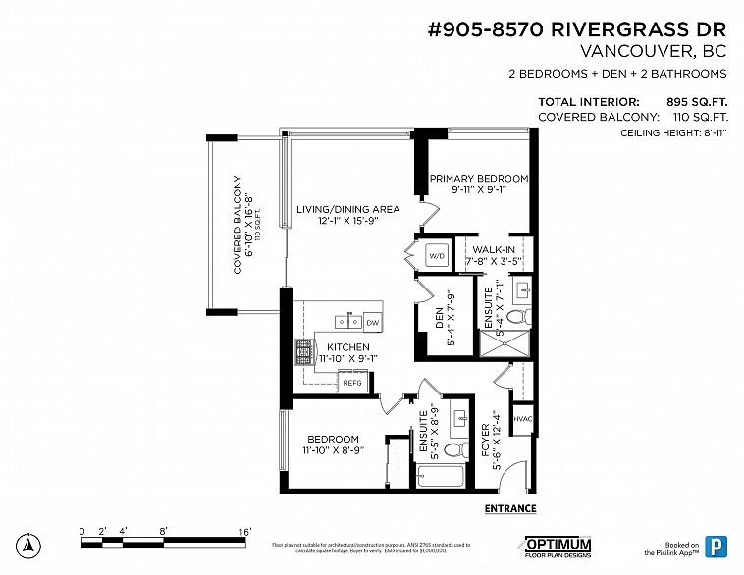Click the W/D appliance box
(x=437, y=256)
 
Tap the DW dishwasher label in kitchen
(x=372, y=322)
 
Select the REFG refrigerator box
(x=352, y=383)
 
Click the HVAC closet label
(x=523, y=419)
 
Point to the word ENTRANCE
(x=510, y=508)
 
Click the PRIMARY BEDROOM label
(x=479, y=179)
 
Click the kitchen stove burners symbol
(x=303, y=349)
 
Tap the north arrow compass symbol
(x=30, y=545)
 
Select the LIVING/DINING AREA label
(x=335, y=209)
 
